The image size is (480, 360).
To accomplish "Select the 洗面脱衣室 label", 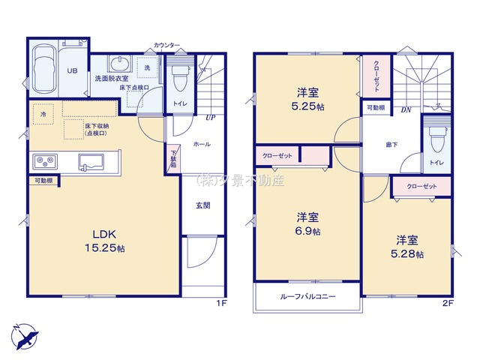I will (110, 78).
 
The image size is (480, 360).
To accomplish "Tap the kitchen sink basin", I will (91, 160).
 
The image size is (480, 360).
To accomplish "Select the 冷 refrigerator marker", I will (44, 114).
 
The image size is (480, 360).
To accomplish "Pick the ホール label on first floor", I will (202, 143).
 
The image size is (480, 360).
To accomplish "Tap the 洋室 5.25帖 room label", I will (307, 100).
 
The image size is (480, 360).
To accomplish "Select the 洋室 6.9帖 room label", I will (307, 224).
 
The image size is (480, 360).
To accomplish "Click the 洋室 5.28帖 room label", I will (409, 247).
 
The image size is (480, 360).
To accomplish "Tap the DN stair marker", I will (406, 110).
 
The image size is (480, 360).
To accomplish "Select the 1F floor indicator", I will (220, 302).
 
